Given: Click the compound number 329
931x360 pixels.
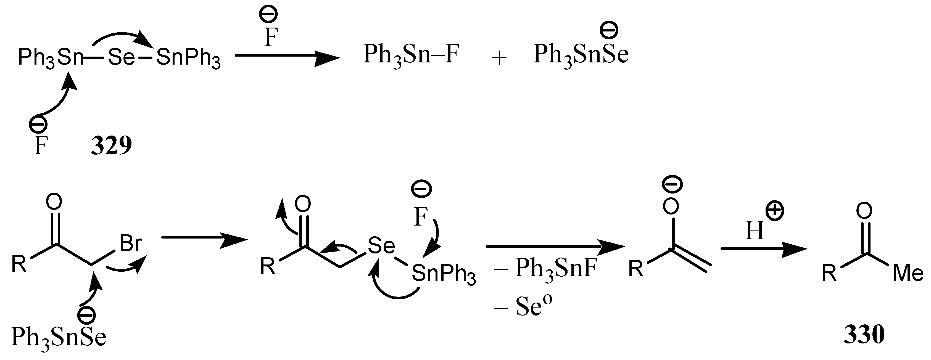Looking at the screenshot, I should pos(111,146).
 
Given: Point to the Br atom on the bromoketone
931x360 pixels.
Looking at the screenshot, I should pos(130,244).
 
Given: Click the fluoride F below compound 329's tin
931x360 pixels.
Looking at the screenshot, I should pos(41,146).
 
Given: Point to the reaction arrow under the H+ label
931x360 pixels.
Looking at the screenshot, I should pos(763,249).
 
